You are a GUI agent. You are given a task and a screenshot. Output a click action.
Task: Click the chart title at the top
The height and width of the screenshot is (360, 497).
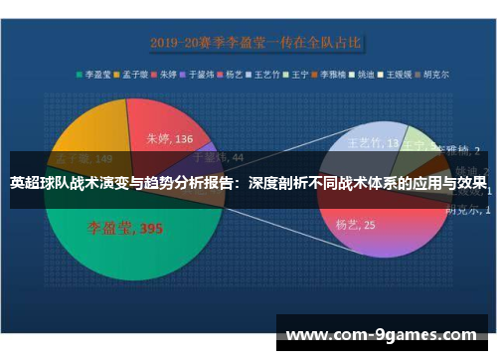[x=255, y=44]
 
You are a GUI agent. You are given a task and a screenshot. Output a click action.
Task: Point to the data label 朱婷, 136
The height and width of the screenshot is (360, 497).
[x=170, y=139]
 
